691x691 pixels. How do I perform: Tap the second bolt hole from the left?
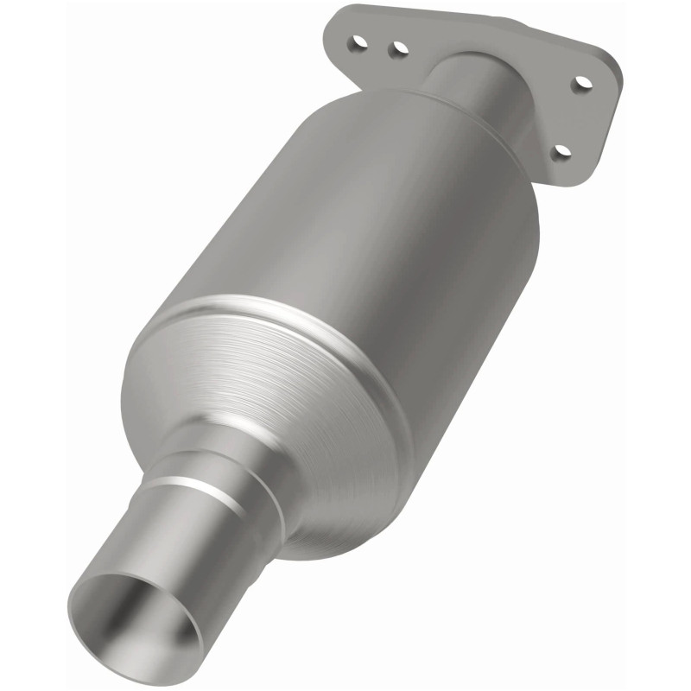397,50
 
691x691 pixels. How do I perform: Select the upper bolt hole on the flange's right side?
583,85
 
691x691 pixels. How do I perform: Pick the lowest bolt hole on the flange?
561,152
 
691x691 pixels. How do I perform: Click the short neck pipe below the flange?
471,86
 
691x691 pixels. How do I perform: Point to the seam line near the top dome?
484,130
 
